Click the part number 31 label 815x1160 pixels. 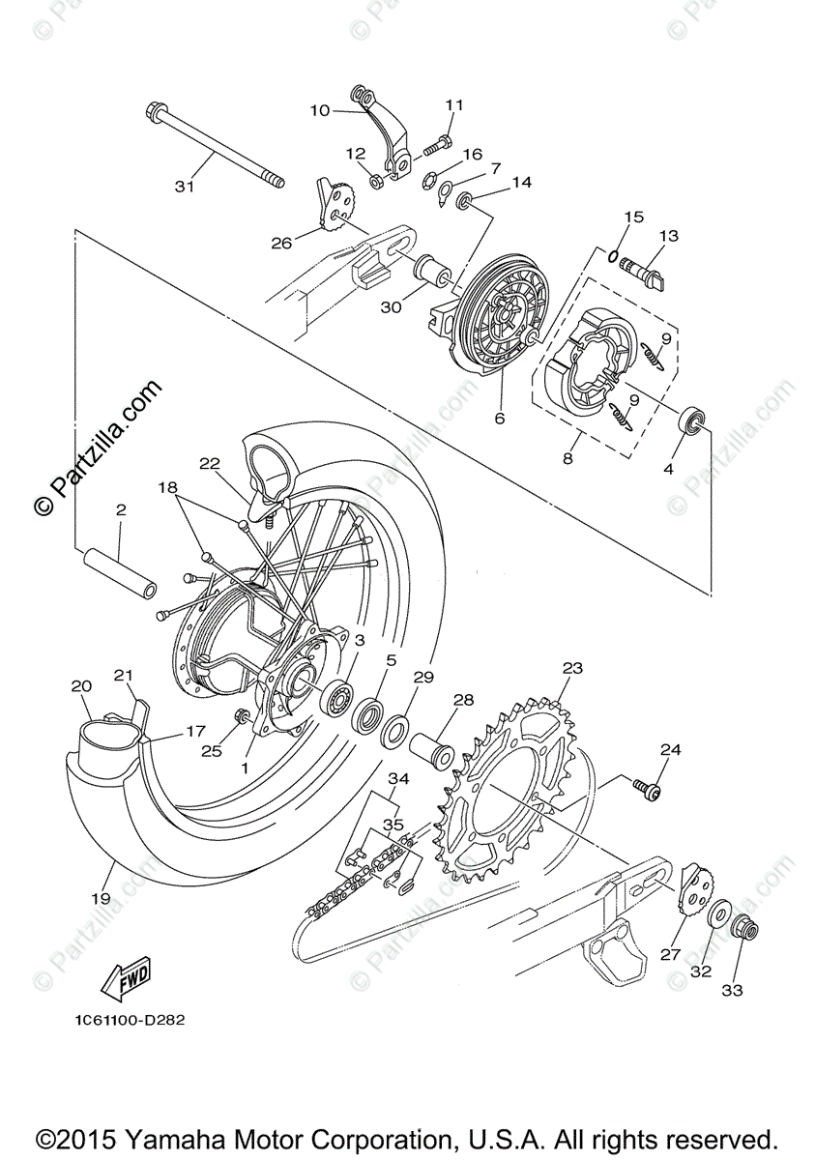[185, 187]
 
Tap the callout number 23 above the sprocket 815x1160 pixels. [572, 668]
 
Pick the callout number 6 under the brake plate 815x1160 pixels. [500, 419]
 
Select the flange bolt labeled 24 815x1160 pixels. [648, 789]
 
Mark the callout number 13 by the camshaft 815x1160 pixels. [669, 236]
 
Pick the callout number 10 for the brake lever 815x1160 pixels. [320, 111]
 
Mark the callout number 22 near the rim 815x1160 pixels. [211, 465]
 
